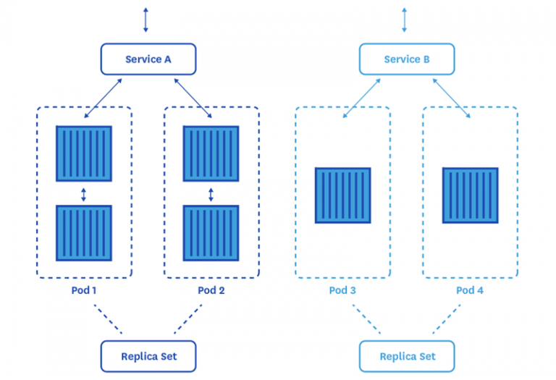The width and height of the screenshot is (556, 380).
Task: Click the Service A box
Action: tap(148, 59)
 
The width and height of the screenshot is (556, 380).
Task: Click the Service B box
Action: tap(407, 59)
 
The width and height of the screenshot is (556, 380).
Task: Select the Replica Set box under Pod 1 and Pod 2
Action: tap(148, 356)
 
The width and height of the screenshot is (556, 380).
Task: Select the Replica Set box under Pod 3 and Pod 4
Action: tap(407, 356)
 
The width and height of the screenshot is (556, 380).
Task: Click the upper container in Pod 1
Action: tap(84, 153)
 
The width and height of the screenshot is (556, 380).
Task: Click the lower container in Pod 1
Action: tap(84, 233)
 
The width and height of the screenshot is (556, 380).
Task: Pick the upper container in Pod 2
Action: tap(211, 153)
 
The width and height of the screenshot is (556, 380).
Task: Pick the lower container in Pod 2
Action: tap(211, 233)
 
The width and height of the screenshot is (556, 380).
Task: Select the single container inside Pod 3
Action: tap(342, 195)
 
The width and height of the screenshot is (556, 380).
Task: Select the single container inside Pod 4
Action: tap(470, 195)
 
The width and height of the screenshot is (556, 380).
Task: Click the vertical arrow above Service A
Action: tap(146, 20)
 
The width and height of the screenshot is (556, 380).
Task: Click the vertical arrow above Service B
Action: tap(405, 20)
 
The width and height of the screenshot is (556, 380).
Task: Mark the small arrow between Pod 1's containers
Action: tap(84, 194)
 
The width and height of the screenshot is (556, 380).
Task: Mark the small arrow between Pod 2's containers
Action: tap(211, 194)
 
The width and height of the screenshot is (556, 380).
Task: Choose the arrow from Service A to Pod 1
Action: tap(105, 99)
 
